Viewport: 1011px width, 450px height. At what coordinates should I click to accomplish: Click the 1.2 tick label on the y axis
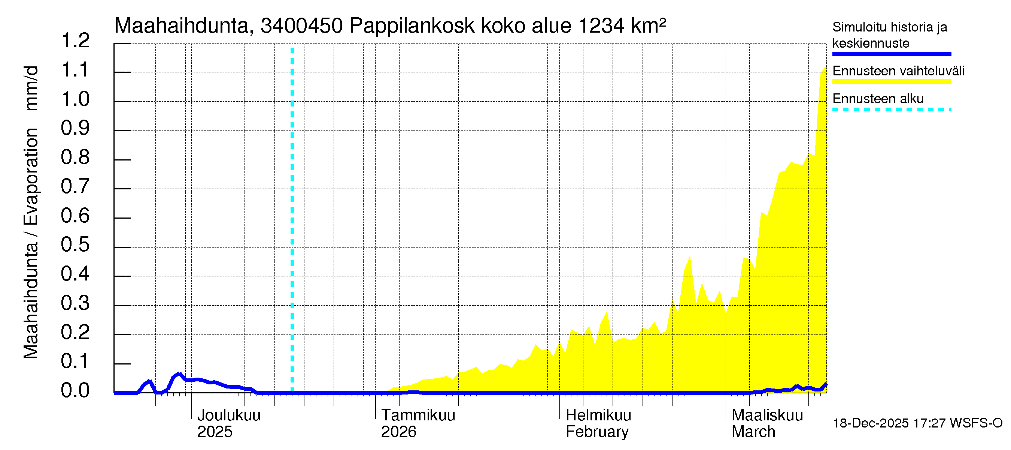tap(75, 41)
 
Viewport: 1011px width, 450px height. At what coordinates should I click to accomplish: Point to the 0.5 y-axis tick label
tap(75, 245)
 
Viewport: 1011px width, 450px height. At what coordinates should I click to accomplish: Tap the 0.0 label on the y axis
tap(75, 391)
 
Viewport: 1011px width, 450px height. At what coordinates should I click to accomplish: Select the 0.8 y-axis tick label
tap(75, 157)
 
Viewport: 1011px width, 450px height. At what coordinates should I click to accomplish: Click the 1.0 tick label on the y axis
tap(75, 99)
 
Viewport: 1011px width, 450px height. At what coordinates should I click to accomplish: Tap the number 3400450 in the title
tap(301, 26)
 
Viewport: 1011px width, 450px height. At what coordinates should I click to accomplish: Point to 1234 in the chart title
tap(601, 26)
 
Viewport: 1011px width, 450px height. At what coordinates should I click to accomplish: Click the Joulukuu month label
tap(229, 415)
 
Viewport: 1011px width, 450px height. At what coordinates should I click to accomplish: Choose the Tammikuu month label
tap(418, 415)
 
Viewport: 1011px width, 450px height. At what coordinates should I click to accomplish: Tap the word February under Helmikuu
tap(597, 432)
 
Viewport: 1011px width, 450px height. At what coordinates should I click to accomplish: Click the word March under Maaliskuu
tap(753, 432)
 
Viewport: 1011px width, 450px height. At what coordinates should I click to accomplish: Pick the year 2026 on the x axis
tap(398, 432)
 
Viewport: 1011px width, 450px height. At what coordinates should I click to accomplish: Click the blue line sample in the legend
tap(891, 54)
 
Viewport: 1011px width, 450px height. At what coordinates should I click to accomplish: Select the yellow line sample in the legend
tap(891, 82)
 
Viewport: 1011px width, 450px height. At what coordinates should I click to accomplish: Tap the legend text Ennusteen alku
tap(878, 99)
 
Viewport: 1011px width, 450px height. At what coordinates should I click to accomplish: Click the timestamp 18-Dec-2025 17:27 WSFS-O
tap(917, 423)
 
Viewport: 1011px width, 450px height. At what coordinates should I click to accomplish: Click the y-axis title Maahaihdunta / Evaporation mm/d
tap(31, 212)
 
